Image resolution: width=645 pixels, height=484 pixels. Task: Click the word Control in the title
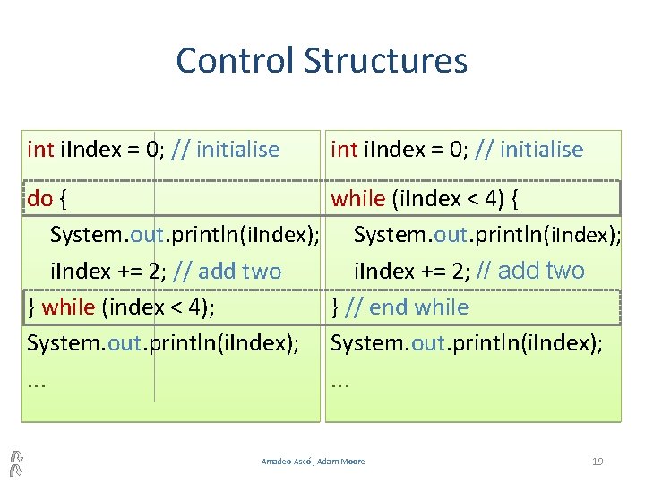pos(235,61)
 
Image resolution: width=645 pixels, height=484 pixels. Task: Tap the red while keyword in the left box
pos(69,307)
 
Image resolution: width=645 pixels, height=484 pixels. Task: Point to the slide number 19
pos(598,462)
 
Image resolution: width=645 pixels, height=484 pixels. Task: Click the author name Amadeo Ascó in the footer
pos(285,462)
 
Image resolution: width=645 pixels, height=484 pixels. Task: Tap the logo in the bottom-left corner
pos(15,461)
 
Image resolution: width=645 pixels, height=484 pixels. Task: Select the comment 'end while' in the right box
pos(418,307)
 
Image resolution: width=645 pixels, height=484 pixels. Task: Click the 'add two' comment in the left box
pos(239,271)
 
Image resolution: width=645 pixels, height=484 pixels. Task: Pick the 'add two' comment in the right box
pos(540,271)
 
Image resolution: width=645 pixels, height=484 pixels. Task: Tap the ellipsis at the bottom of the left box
pos(37,382)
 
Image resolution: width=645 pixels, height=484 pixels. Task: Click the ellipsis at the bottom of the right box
pos(340,382)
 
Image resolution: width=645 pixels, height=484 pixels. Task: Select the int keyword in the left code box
pos(40,149)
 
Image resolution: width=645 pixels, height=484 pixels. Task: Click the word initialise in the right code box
pos(541,149)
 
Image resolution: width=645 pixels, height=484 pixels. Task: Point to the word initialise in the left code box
pos(237,149)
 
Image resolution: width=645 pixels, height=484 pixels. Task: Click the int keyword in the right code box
pos(344,149)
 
